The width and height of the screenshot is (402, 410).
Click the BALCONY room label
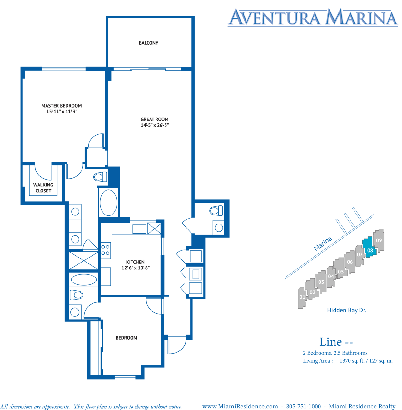pos(149,43)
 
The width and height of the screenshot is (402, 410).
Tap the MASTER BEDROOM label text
pos(62,106)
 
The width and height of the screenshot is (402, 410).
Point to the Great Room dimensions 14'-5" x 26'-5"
pos(155,125)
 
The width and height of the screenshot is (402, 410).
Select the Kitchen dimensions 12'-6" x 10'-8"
pos(136,268)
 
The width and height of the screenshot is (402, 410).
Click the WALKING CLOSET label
pos(43,188)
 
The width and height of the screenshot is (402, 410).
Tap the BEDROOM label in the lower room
pos(127,338)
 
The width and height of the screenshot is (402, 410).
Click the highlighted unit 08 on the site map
pos(370,247)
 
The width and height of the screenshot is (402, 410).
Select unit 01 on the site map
pos(302,298)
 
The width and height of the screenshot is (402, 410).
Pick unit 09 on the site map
pos(379,240)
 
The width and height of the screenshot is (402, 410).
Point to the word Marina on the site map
pos(323,244)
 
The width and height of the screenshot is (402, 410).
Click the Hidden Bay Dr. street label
pos(347,310)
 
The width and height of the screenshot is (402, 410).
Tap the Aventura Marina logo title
pos(313,17)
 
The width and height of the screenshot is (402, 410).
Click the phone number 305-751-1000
pos(303,406)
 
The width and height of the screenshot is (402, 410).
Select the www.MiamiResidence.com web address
pos(240,406)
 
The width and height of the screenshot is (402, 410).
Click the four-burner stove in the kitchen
pos(106,250)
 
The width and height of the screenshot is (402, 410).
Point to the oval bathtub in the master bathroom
pos(108,203)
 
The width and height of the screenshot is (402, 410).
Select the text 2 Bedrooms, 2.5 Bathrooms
pos(335,353)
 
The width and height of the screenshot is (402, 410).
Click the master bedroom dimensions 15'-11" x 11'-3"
pos(62,112)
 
